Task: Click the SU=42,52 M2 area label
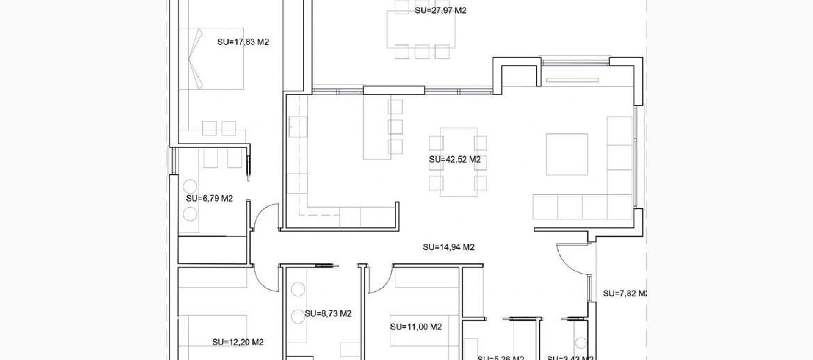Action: coord(455,160)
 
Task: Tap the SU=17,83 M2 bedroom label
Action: coord(243,42)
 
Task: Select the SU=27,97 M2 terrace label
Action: coord(440,10)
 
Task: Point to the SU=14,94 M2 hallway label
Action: coord(448,247)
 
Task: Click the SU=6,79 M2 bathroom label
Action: coord(209,198)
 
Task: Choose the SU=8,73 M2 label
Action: coord(328,313)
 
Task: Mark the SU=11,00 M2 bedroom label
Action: coord(416,327)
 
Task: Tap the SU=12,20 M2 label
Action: coord(238,342)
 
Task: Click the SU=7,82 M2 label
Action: coord(624,293)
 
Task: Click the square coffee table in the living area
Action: coord(567,154)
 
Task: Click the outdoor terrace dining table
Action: coord(421,30)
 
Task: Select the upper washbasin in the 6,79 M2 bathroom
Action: coord(190,187)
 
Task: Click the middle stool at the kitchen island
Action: coord(395,127)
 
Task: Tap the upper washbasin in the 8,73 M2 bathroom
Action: coord(298,290)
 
